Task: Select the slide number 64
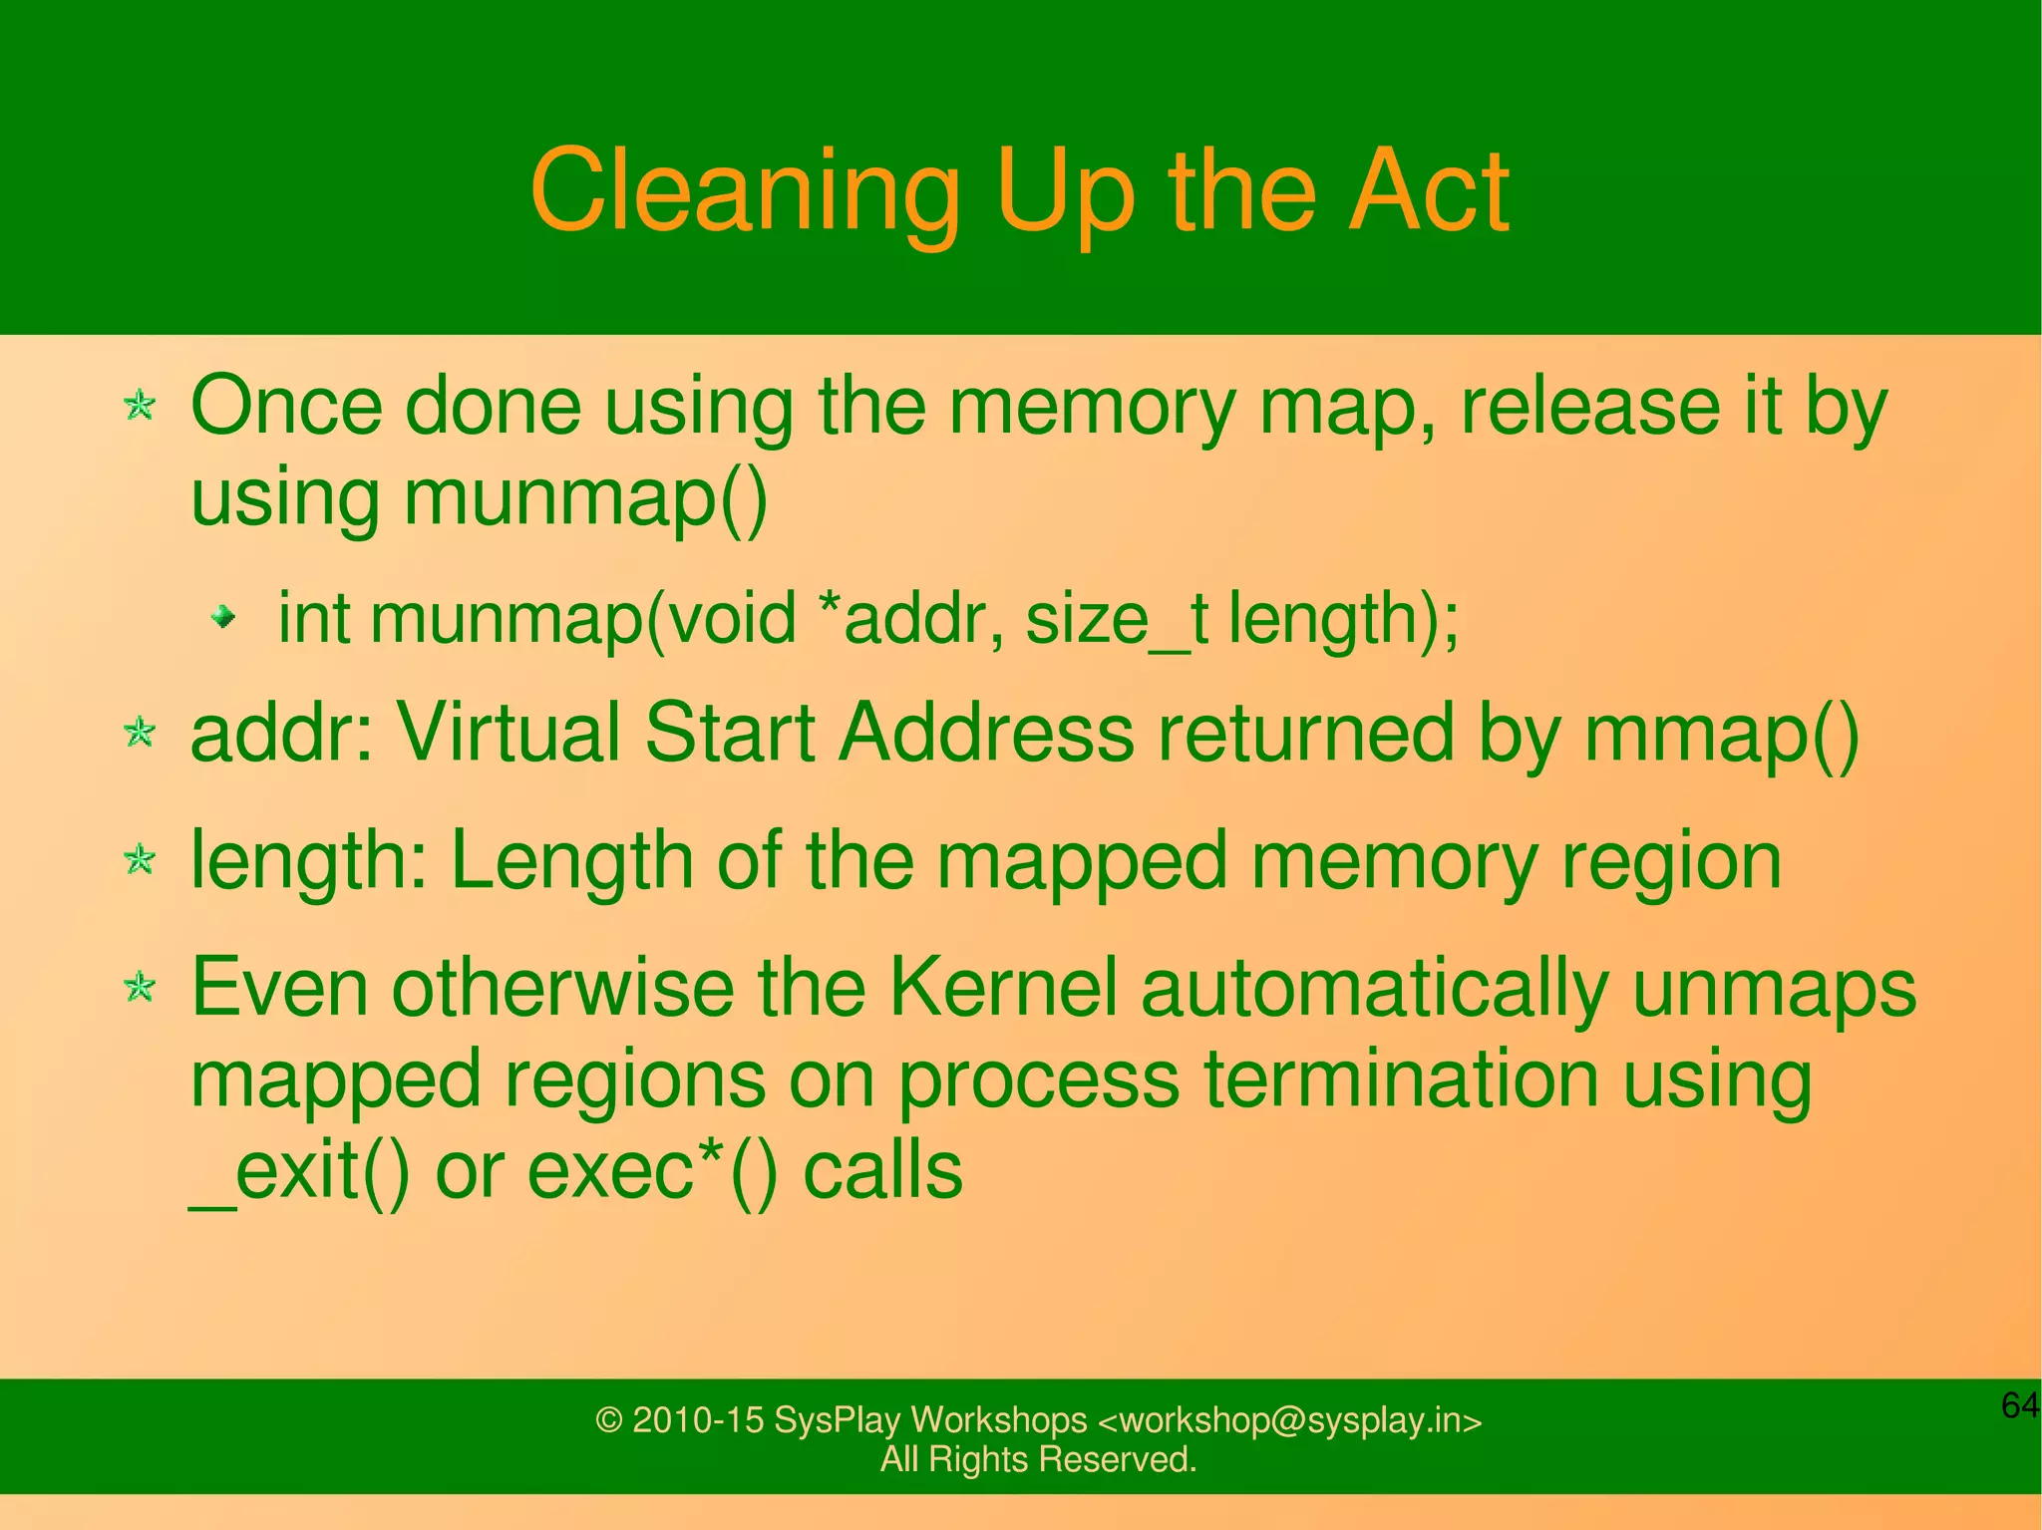point(2019,1405)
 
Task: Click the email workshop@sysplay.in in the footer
point(1290,1420)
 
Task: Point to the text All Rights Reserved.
point(1038,1459)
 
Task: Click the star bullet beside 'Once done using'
point(140,406)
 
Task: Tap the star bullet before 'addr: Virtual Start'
point(140,733)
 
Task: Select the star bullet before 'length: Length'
point(140,859)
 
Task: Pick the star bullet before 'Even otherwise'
point(140,987)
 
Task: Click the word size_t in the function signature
point(1116,619)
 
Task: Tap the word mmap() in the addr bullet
point(1721,734)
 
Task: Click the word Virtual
point(508,733)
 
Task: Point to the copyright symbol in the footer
point(608,1420)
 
